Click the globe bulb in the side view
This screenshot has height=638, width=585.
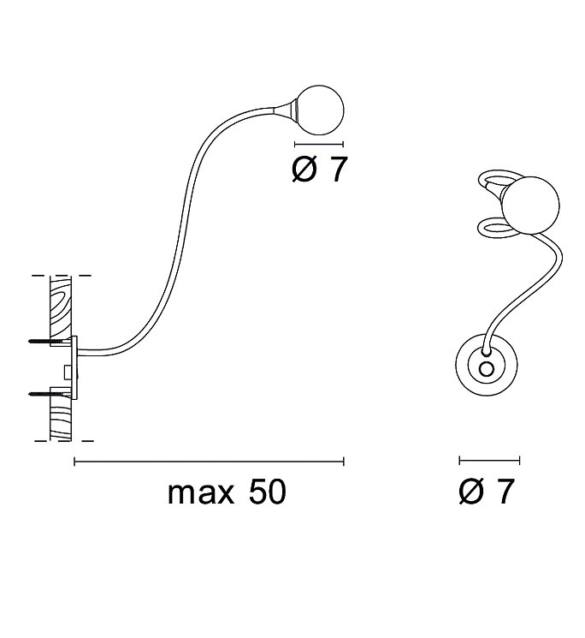pyautogui.click(x=320, y=109)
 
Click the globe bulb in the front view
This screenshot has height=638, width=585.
pyautogui.click(x=530, y=206)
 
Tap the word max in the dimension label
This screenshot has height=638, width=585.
pyautogui.click(x=201, y=492)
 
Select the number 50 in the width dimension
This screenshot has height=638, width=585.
pyautogui.click(x=267, y=492)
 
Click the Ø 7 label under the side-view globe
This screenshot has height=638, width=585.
pyautogui.click(x=320, y=170)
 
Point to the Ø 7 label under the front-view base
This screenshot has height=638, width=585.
pyautogui.click(x=487, y=492)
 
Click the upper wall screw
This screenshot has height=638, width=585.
pyautogui.click(x=50, y=341)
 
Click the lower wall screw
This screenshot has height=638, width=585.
pyautogui.click(x=50, y=393)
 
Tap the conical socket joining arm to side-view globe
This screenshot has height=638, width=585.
pyautogui.click(x=287, y=109)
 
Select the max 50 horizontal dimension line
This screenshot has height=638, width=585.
pyautogui.click(x=210, y=462)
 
